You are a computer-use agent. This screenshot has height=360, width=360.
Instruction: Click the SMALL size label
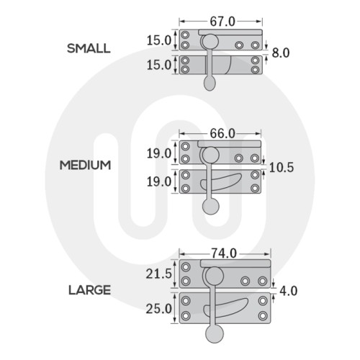pos(89,48)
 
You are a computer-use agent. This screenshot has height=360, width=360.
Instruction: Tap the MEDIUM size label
pos(85,165)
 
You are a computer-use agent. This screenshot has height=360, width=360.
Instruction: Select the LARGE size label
pos(89,290)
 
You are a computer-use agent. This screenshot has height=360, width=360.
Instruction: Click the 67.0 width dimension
pos(222,22)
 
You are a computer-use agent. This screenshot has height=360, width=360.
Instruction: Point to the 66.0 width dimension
pos(222,134)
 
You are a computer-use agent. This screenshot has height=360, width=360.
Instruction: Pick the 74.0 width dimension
pos(224,253)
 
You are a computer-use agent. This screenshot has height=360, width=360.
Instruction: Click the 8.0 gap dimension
pos(281,53)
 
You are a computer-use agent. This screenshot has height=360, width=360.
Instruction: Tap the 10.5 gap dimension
pos(282,167)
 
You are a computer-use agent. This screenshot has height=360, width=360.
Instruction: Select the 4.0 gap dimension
pos(288,291)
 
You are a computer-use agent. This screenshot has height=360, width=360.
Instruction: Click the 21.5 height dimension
pos(159,274)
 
